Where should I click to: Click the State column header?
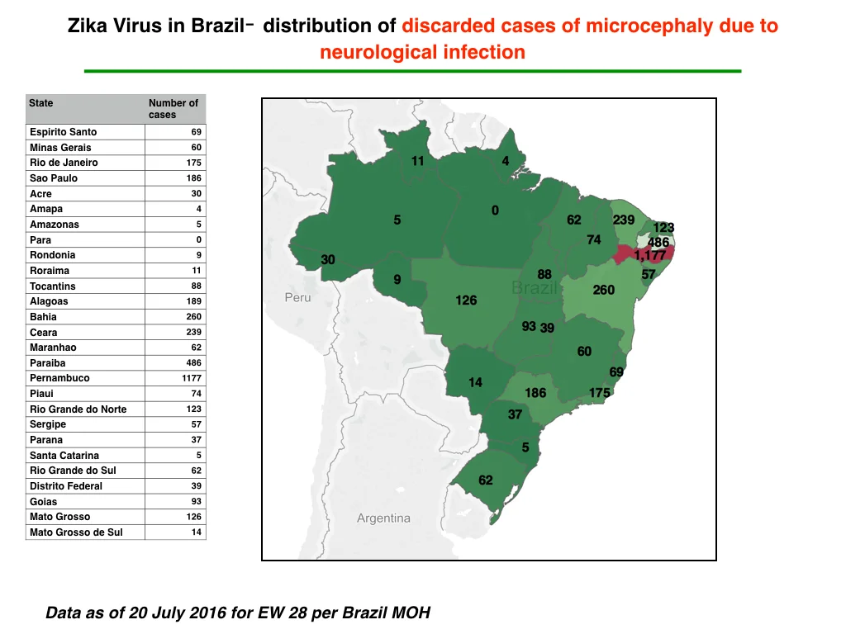tap(41, 103)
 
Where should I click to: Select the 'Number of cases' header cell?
tap(173, 108)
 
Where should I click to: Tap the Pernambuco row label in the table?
tap(59, 378)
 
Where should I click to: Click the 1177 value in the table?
tap(191, 378)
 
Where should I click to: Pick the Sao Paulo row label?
tap(54, 178)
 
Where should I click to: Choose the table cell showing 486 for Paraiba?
tap(193, 363)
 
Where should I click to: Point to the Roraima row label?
tap(50, 271)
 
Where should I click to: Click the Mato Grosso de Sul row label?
tap(76, 532)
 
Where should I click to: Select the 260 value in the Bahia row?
tap(193, 316)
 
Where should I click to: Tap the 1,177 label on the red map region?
tap(650, 254)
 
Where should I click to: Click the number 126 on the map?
tap(466, 300)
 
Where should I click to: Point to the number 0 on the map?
tap(496, 211)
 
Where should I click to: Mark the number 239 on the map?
tap(624, 220)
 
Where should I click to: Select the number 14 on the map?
tap(475, 383)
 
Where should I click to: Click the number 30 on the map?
tap(328, 260)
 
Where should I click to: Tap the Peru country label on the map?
tap(297, 297)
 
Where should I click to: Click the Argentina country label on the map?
tap(383, 518)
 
